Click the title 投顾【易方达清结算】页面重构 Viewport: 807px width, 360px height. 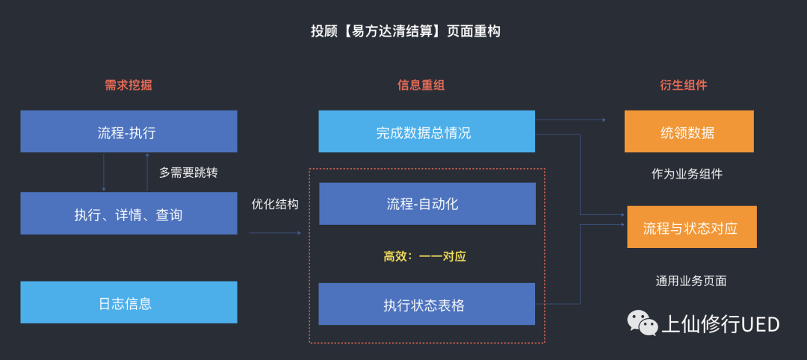tap(405, 31)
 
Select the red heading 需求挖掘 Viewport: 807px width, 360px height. tap(128, 85)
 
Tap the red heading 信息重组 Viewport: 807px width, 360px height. tap(421, 85)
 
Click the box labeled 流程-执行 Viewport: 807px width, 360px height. tap(129, 132)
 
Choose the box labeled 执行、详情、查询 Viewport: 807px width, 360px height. tap(129, 214)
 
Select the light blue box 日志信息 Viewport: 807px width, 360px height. tap(129, 302)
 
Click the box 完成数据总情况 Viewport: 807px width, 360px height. tap(426, 132)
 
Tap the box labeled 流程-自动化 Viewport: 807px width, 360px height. tap(427, 204)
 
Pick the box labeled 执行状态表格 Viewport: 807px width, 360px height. tap(427, 304)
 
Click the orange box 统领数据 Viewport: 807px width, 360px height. tap(689, 132)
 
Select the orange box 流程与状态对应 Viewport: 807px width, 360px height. tap(691, 227)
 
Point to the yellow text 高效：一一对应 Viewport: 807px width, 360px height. tap(424, 256)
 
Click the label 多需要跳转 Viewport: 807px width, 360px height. tap(188, 173)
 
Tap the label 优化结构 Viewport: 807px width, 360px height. tap(275, 204)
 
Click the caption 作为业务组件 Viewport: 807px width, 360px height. tap(687, 174)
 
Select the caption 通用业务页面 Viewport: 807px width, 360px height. tap(690, 281)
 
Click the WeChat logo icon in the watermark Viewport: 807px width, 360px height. tap(642, 323)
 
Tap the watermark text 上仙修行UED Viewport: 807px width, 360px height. tap(720, 324)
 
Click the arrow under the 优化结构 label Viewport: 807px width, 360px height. tap(275, 233)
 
